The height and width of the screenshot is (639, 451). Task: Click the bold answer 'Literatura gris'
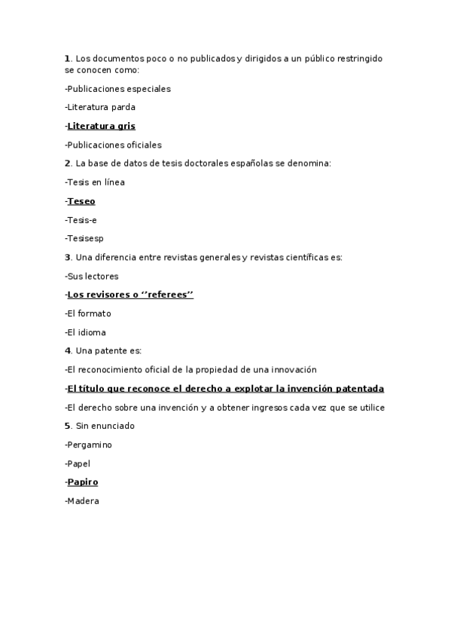pyautogui.click(x=101, y=126)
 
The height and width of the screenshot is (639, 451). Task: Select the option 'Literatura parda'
pyautogui.click(x=100, y=107)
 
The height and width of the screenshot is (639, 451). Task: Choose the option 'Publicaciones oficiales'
pyautogui.click(x=114, y=145)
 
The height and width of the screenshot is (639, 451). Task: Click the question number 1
pyautogui.click(x=67, y=58)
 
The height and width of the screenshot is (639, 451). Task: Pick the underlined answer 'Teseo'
pyautogui.click(x=81, y=201)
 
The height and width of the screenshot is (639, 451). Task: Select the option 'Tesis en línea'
pyautogui.click(x=95, y=182)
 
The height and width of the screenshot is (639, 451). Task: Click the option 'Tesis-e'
pyautogui.click(x=81, y=220)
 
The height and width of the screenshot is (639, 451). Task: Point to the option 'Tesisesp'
pyautogui.click(x=84, y=239)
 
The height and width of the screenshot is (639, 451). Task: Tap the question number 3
pyautogui.click(x=67, y=257)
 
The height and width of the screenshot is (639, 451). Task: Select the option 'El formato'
pyautogui.click(x=89, y=313)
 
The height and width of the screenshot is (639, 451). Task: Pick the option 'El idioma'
pyautogui.click(x=86, y=332)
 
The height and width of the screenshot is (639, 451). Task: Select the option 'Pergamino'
pyautogui.click(x=90, y=445)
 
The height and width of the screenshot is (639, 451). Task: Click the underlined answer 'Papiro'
pyautogui.click(x=82, y=482)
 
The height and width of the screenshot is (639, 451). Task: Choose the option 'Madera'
pyautogui.click(x=83, y=501)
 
